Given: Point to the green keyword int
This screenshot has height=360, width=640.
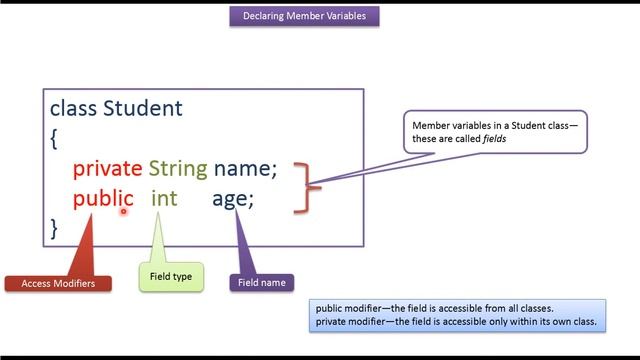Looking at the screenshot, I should (x=164, y=198).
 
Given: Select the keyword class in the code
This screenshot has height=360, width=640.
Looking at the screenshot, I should (x=73, y=108).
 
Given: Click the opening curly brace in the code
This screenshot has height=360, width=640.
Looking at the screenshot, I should (x=54, y=138).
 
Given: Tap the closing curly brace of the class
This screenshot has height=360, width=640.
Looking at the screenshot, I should (x=54, y=228).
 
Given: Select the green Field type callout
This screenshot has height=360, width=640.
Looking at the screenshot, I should (x=171, y=276).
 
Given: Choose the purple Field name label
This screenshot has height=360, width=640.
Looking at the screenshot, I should (x=262, y=283).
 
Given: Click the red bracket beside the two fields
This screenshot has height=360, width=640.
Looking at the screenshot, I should (x=311, y=185).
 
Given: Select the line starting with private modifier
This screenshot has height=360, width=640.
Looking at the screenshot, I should (x=455, y=322).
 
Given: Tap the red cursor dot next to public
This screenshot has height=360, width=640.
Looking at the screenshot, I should (x=125, y=210).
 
